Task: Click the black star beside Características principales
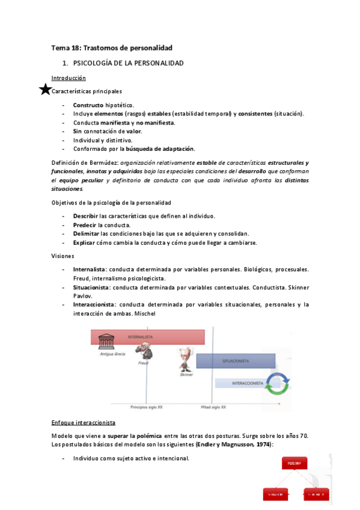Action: point(45,91)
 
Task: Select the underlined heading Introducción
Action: point(69,78)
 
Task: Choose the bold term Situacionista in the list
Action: point(93,287)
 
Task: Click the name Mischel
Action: point(146,313)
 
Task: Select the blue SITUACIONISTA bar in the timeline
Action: point(243,361)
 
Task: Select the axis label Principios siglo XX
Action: point(146,407)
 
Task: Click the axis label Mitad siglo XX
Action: point(213,407)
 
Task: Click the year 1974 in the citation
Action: point(262,443)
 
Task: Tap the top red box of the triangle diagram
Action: point(294,464)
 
